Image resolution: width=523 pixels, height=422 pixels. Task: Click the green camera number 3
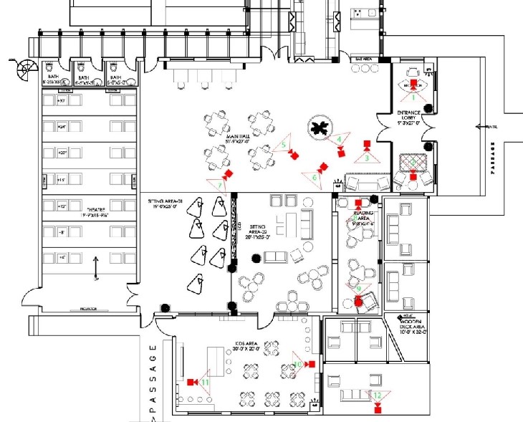coord(367,158)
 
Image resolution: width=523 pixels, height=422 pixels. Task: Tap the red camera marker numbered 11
coord(191,382)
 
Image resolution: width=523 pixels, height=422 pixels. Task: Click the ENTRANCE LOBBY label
coord(411,118)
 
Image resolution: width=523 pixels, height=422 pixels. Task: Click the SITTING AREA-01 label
coord(166,204)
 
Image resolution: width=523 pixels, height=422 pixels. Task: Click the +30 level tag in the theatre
coord(62,101)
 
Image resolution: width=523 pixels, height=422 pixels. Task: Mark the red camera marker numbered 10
coord(311,365)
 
